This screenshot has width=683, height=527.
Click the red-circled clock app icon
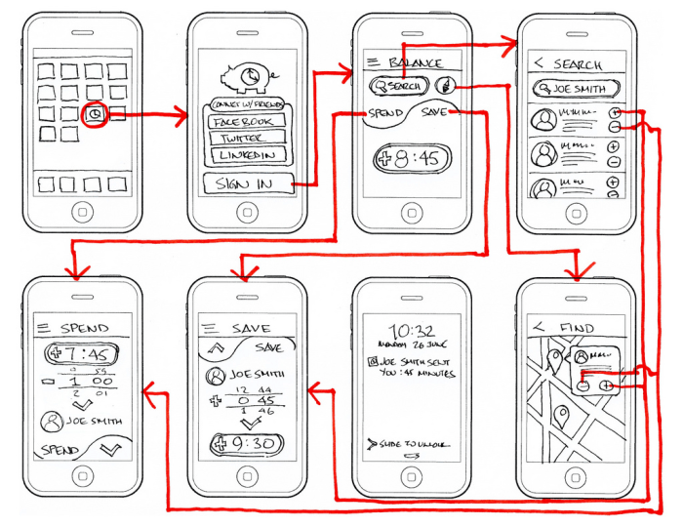[x=95, y=114]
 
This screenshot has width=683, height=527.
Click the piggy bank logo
[x=245, y=77]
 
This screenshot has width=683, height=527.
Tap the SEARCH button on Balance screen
[x=396, y=87]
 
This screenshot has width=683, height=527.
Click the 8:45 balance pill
[x=412, y=159]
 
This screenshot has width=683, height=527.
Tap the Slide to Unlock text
[x=409, y=445]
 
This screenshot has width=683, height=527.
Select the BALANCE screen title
[x=416, y=63]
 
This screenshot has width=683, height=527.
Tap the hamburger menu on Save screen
[x=207, y=328]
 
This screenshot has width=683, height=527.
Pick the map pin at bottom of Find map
[x=563, y=422]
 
